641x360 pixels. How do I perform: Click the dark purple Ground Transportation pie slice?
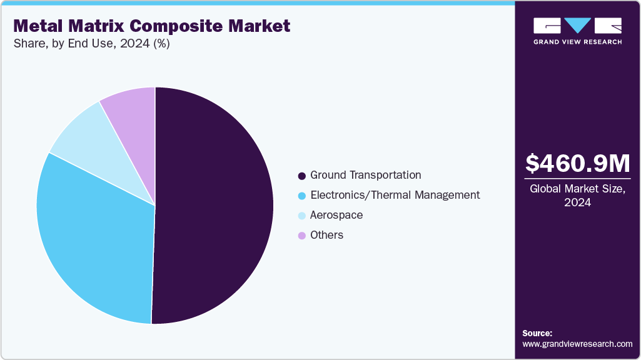pos(213,206)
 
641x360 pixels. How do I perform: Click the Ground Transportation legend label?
pos(365,175)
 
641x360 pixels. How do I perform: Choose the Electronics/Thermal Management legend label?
pos(395,195)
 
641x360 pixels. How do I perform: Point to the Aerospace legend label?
pos(336,215)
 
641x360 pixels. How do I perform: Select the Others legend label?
pos(326,235)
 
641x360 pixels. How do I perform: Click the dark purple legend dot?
pos(302,176)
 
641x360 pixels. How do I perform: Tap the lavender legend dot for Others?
pos(302,236)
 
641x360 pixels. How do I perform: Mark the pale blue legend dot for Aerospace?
pos(302,216)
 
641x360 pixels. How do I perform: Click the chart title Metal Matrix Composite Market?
pos(151,26)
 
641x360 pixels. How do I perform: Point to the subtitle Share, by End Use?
pos(91,44)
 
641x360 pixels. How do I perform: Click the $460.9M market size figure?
pos(577,164)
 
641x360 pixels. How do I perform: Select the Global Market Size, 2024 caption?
pos(577,195)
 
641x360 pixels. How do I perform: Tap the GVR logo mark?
pos(577,26)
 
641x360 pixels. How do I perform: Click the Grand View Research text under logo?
pos(577,42)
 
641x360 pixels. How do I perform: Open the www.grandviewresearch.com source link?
pos(577,344)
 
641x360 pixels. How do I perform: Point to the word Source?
pos(537,333)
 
